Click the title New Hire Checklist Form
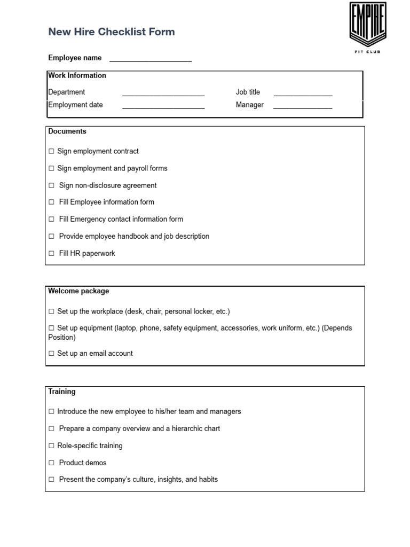[x=112, y=32]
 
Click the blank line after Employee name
[x=150, y=59]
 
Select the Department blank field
[x=163, y=93]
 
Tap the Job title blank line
[x=303, y=93]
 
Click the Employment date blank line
[x=163, y=106]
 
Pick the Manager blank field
[x=303, y=106]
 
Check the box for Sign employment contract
[x=52, y=152]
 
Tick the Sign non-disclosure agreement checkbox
[x=52, y=186]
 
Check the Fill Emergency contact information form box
[x=52, y=220]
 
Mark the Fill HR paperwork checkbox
[x=52, y=254]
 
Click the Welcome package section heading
[x=78, y=291]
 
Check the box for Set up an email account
[x=52, y=354]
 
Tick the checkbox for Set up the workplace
[x=52, y=311]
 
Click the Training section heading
[x=62, y=392]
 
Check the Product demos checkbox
[x=52, y=463]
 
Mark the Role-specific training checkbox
[x=52, y=446]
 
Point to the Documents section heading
[x=67, y=131]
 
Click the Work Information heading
[x=77, y=76]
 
